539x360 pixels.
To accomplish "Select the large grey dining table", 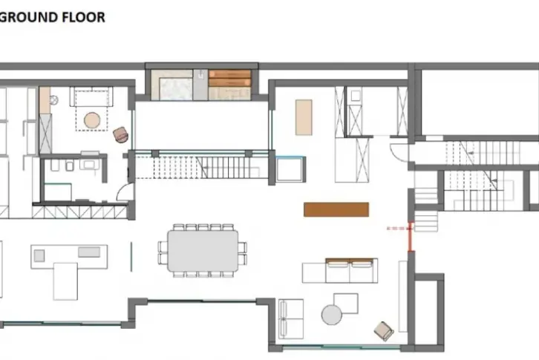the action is [203, 251].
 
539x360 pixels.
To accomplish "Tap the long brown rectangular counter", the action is [336, 209].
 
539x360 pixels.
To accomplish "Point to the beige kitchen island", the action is [304, 117].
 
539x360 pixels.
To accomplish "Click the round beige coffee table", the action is [92, 120].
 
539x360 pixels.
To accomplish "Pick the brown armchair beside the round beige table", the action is [121, 134].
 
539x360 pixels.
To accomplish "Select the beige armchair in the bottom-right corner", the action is [384, 331].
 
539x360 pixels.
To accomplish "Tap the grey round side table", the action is [332, 315].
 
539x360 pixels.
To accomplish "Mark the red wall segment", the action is [410, 237].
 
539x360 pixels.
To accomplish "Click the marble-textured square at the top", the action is [176, 89].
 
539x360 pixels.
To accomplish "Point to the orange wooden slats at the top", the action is [229, 79].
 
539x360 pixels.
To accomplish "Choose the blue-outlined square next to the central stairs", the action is [290, 168].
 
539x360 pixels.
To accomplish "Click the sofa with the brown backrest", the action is [352, 271].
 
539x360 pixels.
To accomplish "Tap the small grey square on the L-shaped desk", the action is [39, 255].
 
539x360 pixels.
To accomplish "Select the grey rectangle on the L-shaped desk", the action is [89, 252].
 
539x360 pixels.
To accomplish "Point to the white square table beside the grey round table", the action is [346, 304].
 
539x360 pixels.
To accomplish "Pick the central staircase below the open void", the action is [202, 167].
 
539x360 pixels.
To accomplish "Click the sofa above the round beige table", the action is [91, 96].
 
